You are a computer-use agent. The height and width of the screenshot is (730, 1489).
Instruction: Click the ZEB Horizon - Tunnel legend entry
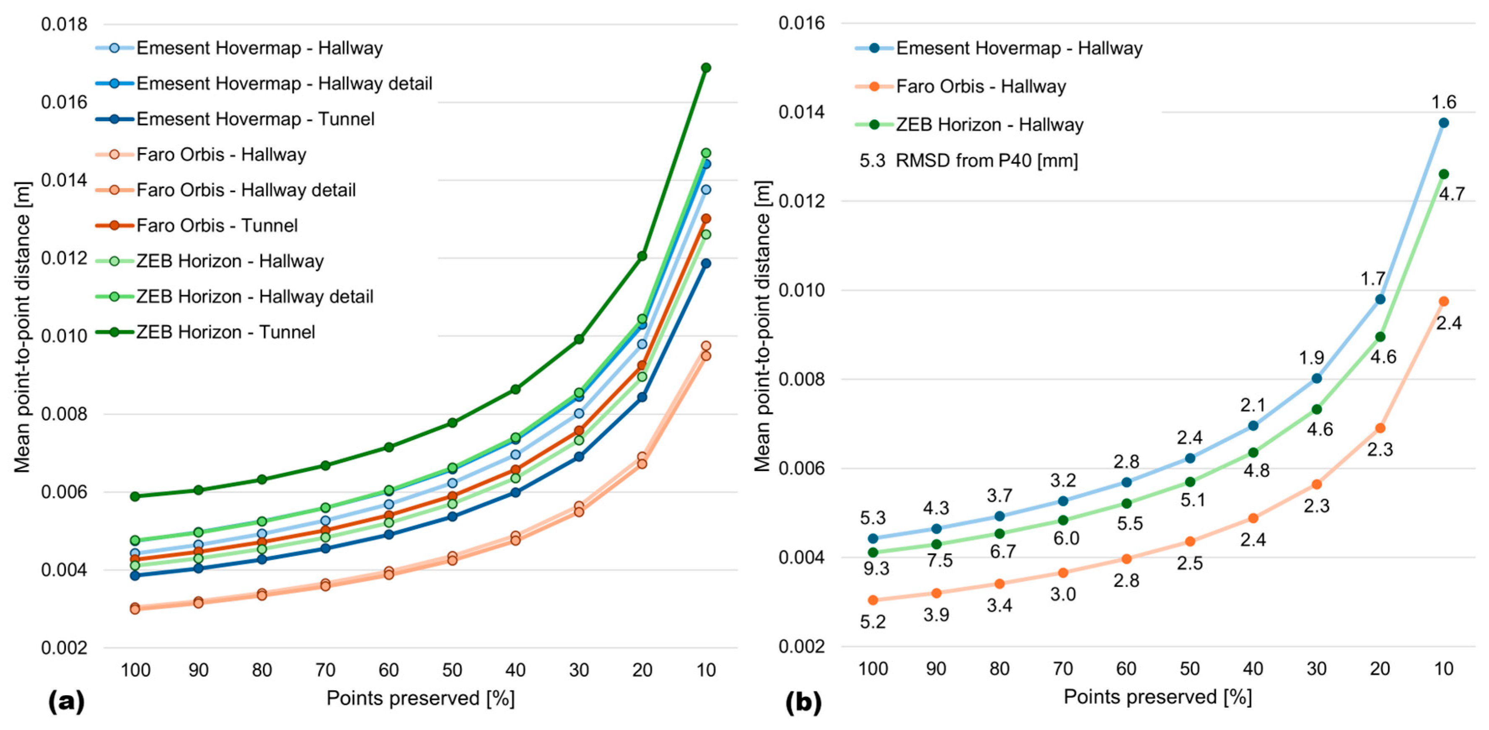click(225, 332)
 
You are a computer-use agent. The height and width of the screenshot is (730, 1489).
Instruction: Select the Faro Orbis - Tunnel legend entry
click(217, 225)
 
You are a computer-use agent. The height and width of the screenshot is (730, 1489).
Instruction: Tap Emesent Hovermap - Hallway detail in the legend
click(284, 84)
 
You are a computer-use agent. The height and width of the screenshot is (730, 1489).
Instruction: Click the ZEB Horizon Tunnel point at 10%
click(706, 67)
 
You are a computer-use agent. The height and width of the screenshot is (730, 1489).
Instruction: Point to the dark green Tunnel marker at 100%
click(135, 497)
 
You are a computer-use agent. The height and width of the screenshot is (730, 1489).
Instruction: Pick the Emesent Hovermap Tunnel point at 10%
click(706, 264)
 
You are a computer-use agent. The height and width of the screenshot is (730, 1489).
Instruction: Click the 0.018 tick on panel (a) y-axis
click(64, 24)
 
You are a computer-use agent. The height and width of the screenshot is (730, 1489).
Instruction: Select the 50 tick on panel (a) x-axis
click(452, 670)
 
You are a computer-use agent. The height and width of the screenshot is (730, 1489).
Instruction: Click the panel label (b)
click(803, 702)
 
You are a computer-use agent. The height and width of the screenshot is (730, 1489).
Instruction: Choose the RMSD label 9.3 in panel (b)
click(876, 569)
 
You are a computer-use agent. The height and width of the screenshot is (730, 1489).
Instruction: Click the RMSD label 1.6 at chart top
click(1443, 102)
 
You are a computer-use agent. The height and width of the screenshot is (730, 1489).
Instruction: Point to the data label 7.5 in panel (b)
click(939, 560)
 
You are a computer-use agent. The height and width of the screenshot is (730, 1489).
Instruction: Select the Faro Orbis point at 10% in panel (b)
click(1443, 302)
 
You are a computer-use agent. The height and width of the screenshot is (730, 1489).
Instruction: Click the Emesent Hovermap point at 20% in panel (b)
click(1380, 299)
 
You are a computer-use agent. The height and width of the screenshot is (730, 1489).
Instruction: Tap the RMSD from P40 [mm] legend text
click(986, 160)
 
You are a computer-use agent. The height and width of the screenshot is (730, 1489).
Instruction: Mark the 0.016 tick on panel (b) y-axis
click(801, 23)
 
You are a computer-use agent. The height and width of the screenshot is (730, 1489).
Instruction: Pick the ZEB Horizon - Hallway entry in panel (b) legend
click(989, 125)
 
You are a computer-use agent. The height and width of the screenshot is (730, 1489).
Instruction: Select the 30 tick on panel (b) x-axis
click(1316, 669)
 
